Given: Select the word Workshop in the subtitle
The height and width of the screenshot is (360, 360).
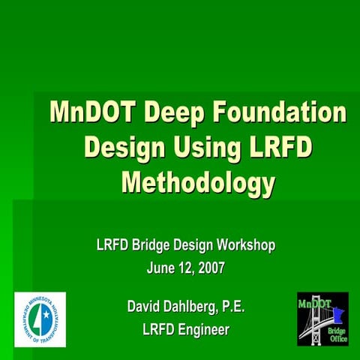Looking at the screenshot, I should (247, 244).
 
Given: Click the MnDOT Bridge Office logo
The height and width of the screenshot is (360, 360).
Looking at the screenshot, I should (322, 319).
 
